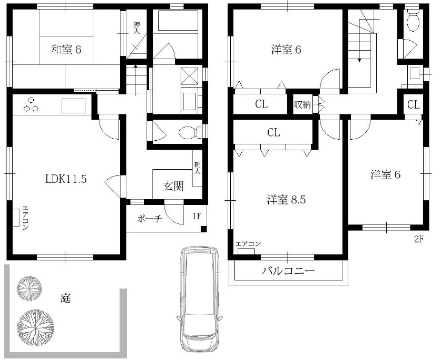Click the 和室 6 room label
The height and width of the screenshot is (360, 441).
coord(66,51)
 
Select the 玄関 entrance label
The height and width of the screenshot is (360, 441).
coord(172,186)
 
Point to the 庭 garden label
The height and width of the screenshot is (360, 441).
coord(65,299)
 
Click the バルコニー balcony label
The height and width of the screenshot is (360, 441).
coord(288,272)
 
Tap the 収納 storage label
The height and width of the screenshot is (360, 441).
coord(302,104)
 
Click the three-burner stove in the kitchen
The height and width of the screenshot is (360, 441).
coord(31,105)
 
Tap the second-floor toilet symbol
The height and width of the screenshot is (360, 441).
coord(413,21)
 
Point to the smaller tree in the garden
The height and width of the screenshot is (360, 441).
coord(29,287)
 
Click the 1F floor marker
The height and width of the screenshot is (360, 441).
coord(197,216)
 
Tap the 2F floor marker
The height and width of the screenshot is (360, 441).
coord(418,239)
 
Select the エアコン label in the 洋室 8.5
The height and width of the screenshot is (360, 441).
coord(248,244)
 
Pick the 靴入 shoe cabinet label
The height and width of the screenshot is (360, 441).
coord(197,169)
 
